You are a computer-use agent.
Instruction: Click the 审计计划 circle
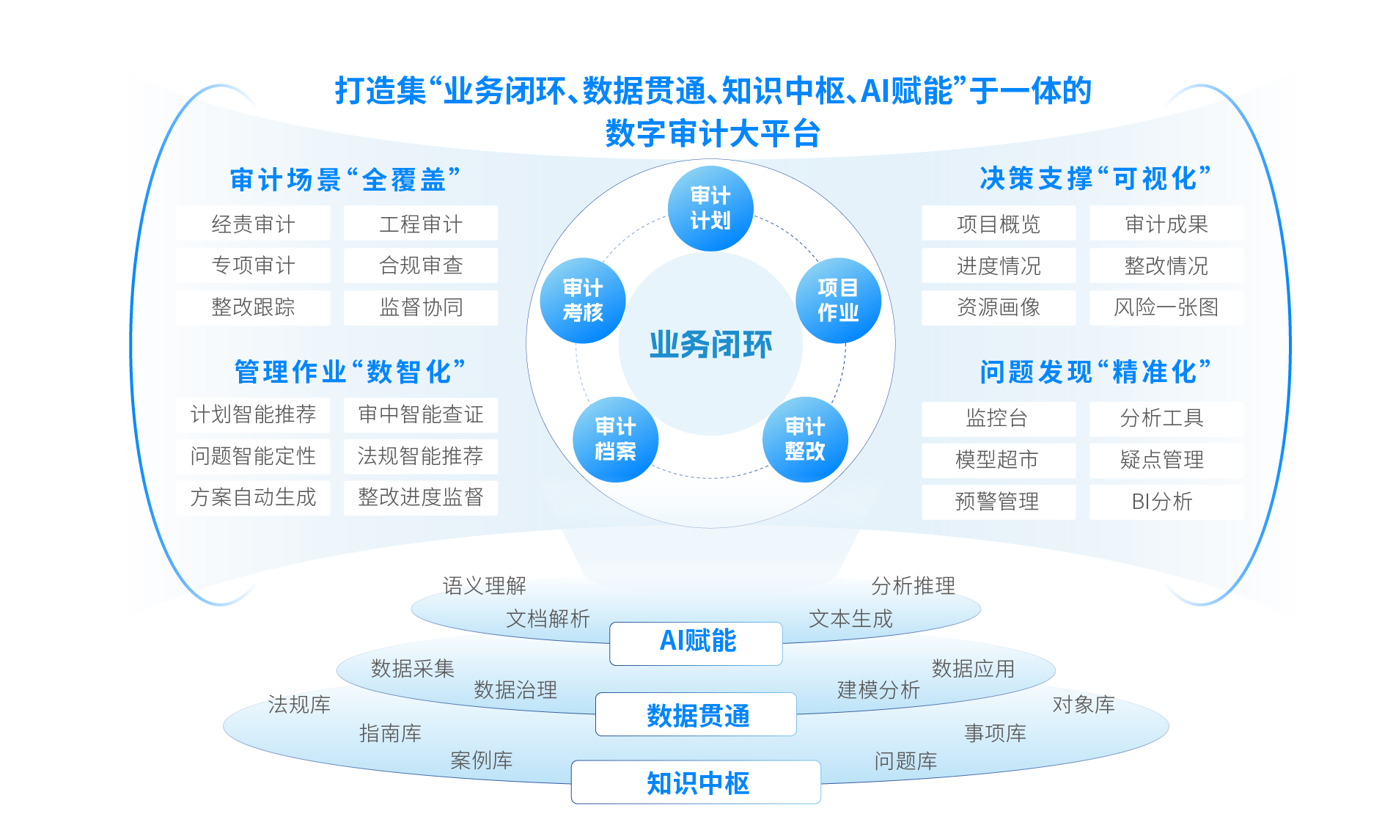[x=710, y=208]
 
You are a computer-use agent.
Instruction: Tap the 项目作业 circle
[x=838, y=301]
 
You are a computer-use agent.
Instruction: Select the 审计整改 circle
[x=805, y=439]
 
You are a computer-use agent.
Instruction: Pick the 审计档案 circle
[x=616, y=439]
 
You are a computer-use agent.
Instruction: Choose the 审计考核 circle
[x=583, y=301]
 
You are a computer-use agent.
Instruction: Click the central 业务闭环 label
[x=710, y=345]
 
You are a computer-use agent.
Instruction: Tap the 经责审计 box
[x=253, y=224]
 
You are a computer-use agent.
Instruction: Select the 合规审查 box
[x=421, y=265]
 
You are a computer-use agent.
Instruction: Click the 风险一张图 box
[x=1166, y=307]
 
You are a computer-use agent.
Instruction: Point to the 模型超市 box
[x=999, y=460]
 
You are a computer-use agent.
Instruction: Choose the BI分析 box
[x=1166, y=502]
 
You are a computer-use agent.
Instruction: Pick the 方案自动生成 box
[x=253, y=498]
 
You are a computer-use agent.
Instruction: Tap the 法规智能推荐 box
[x=421, y=456]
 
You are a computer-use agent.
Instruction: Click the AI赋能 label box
[x=696, y=643]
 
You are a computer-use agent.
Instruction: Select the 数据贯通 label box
[x=696, y=714]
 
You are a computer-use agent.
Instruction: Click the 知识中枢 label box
[x=696, y=782]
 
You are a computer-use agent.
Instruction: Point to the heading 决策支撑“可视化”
[x=1095, y=178]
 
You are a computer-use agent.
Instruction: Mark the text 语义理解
[x=485, y=586]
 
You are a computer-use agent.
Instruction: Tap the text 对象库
[x=1084, y=705]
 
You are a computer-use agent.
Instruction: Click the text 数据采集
[x=413, y=669]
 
